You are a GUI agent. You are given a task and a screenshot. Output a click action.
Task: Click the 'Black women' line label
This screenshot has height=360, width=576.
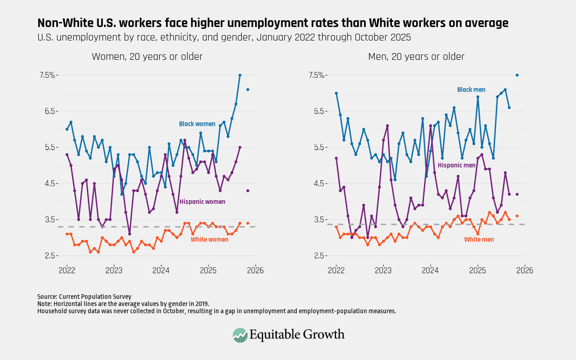point(197,124)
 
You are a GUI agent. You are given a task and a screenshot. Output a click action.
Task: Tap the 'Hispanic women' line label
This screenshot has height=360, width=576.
point(202,202)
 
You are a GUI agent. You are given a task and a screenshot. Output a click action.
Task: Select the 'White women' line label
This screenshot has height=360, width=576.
point(209,240)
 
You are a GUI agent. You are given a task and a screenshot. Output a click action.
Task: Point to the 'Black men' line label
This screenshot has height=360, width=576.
point(471,90)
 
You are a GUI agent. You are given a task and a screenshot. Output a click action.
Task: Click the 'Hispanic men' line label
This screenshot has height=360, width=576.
point(456,166)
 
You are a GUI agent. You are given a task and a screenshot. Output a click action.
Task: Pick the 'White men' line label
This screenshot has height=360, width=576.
point(479,240)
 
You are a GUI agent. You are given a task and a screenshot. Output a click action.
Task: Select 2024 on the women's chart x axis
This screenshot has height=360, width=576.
point(161,271)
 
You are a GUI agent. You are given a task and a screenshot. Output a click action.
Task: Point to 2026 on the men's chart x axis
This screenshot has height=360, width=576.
point(524,271)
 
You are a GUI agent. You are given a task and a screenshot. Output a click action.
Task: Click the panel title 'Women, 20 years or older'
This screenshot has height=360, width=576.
point(147,57)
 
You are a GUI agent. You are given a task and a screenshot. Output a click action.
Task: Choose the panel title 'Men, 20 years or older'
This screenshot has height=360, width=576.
point(416,57)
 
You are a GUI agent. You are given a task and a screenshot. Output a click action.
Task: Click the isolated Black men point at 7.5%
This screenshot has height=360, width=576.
point(517,75)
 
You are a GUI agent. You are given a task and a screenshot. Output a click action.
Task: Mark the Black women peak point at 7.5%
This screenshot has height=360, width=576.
point(240,75)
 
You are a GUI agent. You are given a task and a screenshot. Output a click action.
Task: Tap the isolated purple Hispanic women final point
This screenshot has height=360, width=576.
point(247,191)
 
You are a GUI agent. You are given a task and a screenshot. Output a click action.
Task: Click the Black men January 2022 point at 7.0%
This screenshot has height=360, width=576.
point(336,93)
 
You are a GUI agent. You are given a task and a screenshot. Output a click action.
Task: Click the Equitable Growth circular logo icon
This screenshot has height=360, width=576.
point(240,335)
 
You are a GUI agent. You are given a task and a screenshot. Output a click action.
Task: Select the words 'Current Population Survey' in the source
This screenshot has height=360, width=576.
point(95,297)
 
